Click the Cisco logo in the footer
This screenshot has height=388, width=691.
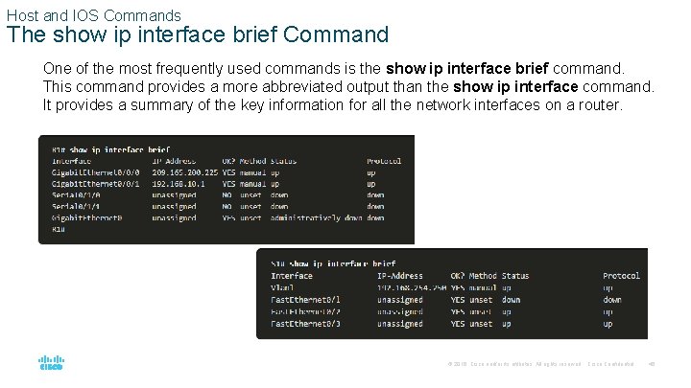[51, 364]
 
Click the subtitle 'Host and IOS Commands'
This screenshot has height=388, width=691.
[93, 15]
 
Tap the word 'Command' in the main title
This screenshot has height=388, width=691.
[340, 35]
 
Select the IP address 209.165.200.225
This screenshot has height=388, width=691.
[185, 171]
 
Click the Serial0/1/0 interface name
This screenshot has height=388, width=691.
[76, 194]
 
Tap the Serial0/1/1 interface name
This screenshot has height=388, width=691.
[76, 206]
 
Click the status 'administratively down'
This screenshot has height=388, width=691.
[315, 217]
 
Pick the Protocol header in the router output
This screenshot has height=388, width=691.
[384, 160]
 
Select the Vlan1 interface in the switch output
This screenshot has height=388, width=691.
[282, 287]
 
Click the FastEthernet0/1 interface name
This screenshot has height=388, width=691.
[305, 299]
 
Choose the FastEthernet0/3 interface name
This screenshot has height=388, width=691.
[305, 324]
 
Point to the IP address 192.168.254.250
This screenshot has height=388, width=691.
[411, 287]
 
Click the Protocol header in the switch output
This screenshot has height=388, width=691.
[621, 276]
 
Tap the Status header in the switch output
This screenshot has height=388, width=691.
[515, 276]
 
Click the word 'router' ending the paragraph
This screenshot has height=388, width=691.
[599, 104]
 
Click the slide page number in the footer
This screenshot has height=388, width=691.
[650, 365]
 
